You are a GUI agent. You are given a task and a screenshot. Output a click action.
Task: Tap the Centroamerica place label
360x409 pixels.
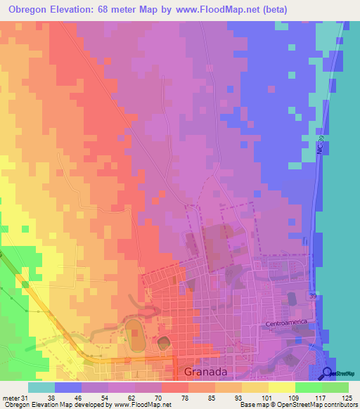pos(288,324)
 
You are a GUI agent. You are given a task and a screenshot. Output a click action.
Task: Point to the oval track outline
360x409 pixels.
pos(134,329)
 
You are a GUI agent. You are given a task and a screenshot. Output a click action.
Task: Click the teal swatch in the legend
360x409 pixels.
pos(41,387)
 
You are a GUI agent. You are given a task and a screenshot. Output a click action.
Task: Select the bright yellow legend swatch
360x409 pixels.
pos(282,387)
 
